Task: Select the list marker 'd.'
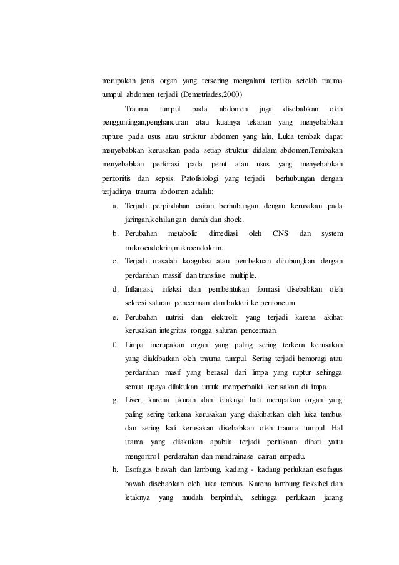[x=116, y=289]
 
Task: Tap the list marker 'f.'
[x=115, y=345]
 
